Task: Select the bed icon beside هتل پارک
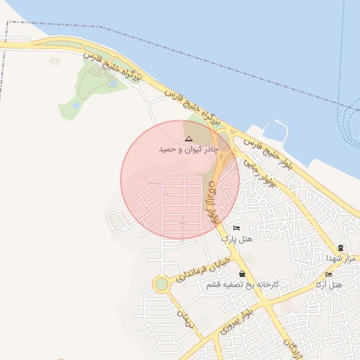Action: (236, 229)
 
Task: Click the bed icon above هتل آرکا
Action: (328, 274)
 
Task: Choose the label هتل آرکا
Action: (328, 284)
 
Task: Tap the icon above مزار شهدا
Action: (341, 248)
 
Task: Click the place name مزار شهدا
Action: (342, 258)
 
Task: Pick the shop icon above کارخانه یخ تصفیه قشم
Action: (243, 274)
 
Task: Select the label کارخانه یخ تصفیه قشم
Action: (243, 285)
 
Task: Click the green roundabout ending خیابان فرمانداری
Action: (162, 285)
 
